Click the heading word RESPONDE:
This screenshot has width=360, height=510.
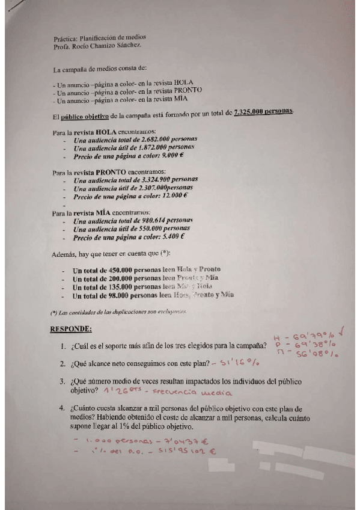click(70, 330)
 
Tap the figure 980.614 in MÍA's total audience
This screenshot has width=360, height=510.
click(144, 220)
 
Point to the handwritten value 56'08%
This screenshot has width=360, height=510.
click(317, 356)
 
